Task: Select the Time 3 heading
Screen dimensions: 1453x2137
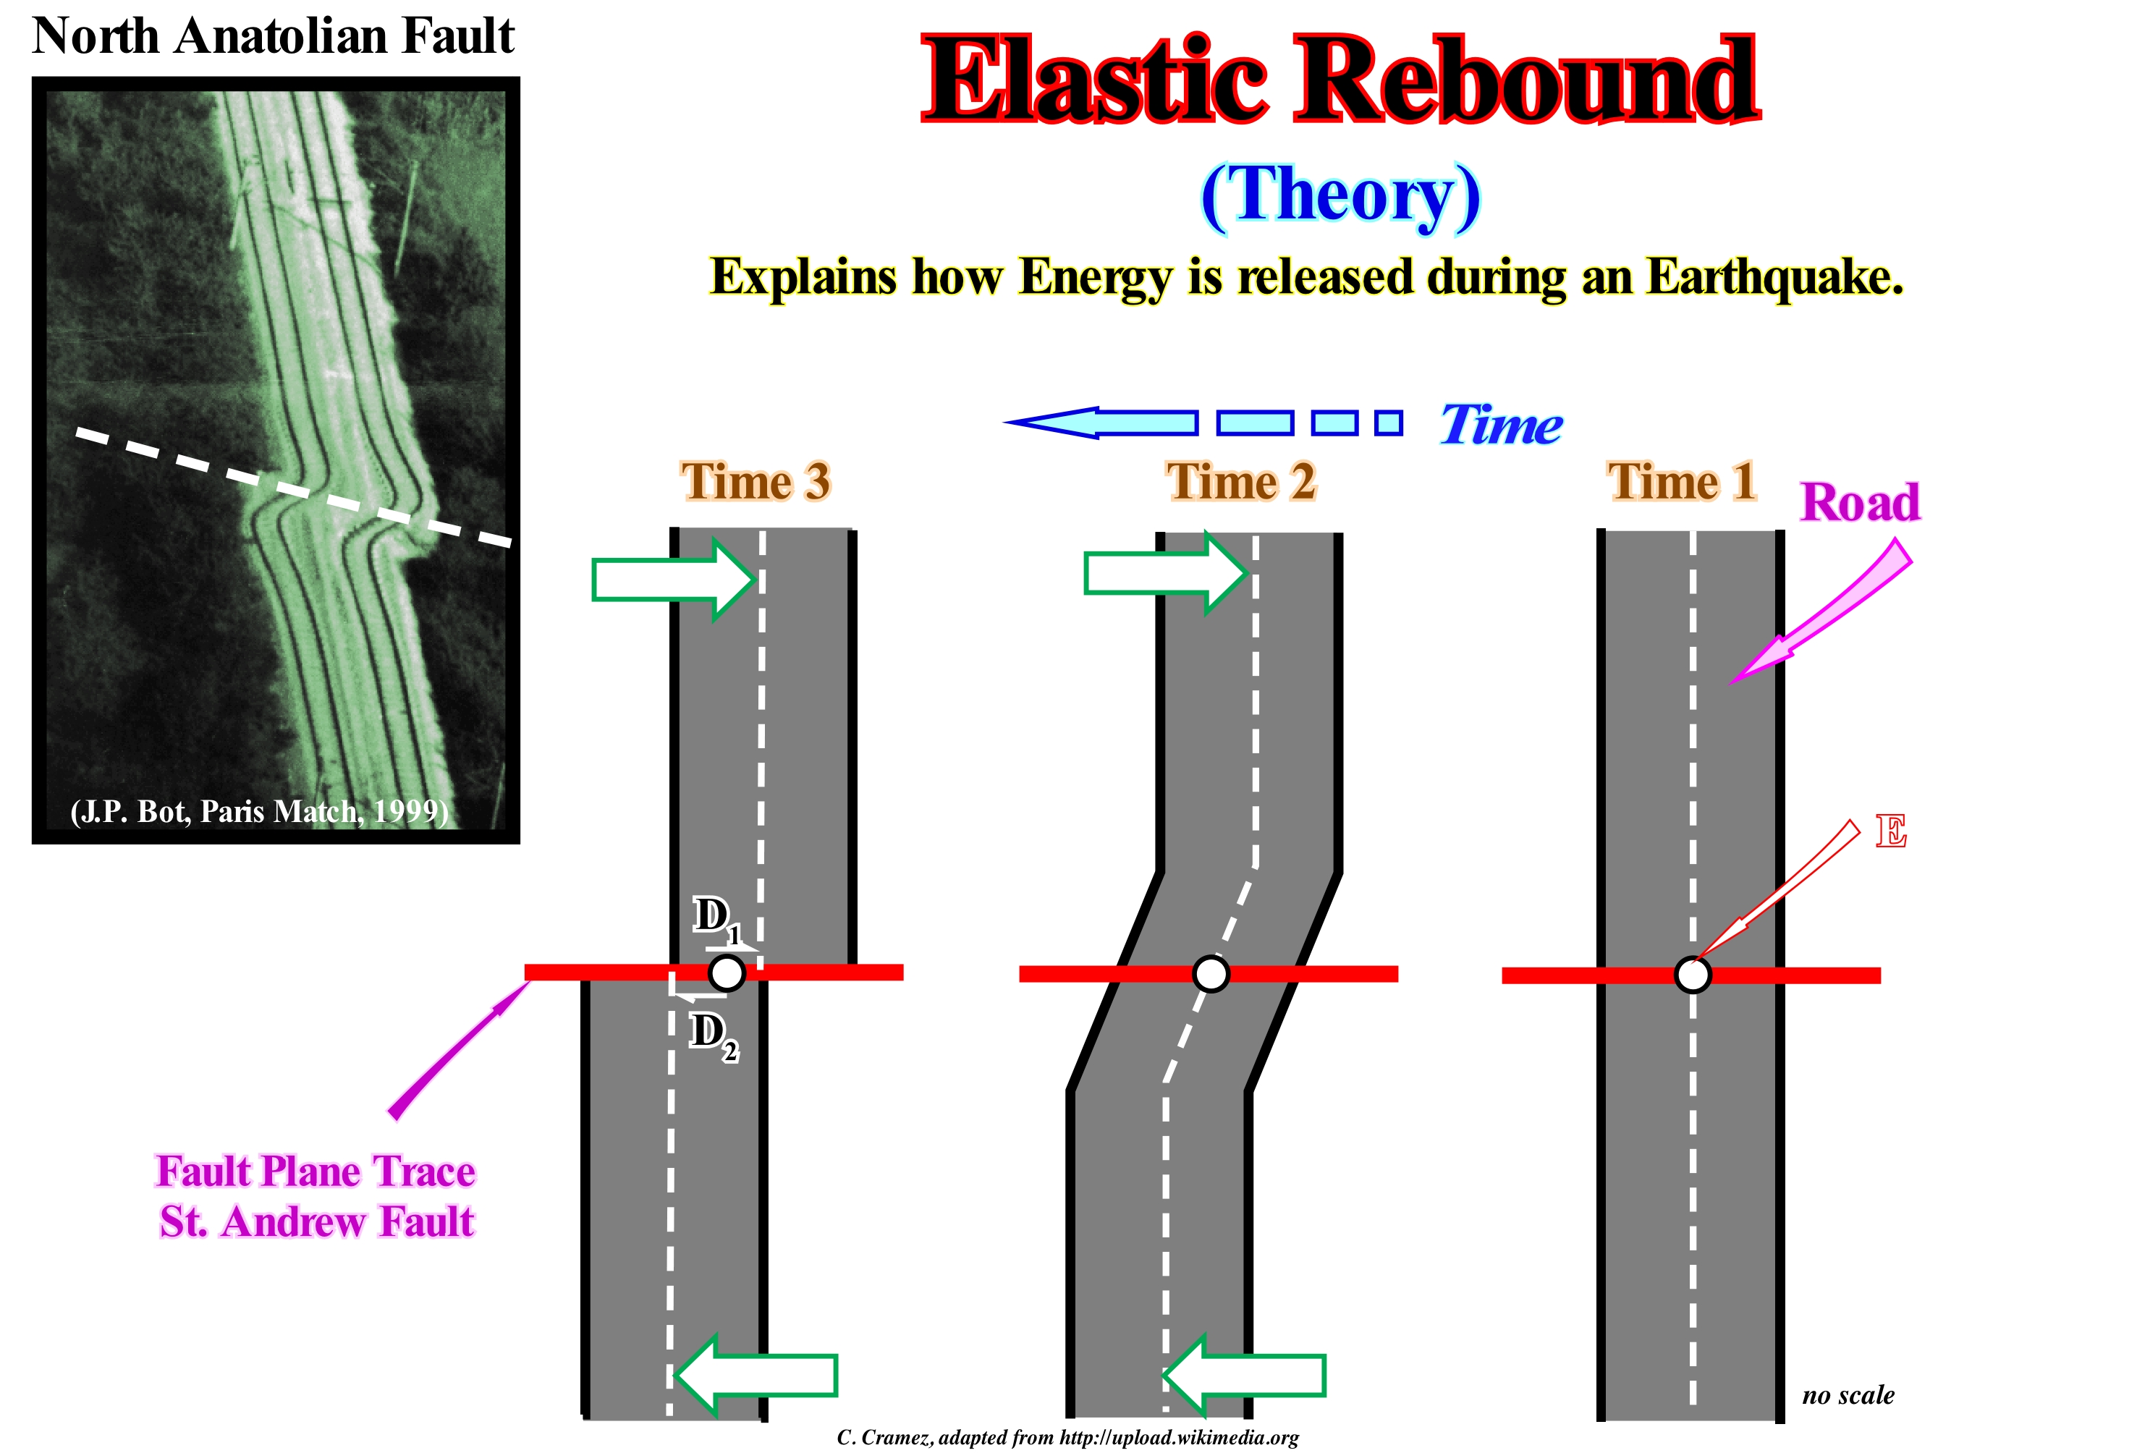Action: click(x=755, y=482)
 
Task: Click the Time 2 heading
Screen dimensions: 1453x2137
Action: click(x=1241, y=482)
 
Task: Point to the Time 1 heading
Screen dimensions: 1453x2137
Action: click(x=1681, y=482)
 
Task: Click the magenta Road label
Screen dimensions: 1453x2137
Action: click(x=1859, y=503)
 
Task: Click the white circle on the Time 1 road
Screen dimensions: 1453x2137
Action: click(x=1692, y=975)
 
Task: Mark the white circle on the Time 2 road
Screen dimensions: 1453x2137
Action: click(x=1210, y=973)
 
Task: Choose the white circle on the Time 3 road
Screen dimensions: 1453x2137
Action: click(x=727, y=972)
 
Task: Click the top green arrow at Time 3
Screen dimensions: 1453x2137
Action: click(x=674, y=580)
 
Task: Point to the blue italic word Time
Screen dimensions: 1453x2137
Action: click(x=1501, y=425)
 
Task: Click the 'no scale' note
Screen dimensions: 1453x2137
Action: click(x=1848, y=1395)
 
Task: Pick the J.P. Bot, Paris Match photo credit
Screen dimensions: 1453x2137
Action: click(x=259, y=811)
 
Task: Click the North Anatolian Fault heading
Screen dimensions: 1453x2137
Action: click(x=273, y=37)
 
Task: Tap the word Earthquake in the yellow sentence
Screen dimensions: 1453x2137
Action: click(x=1774, y=277)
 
